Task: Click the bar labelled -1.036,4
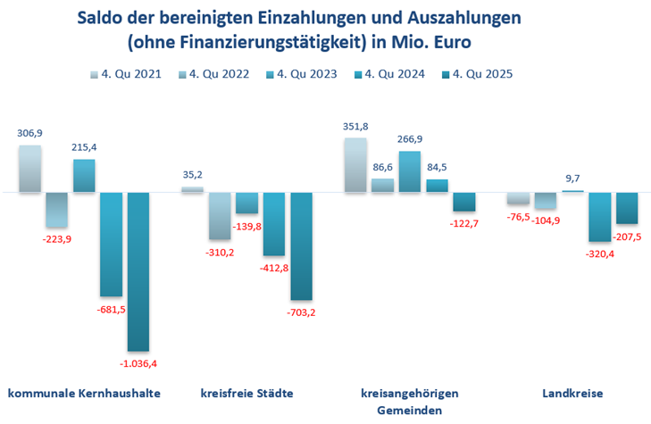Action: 138,271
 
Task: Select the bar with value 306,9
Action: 30,169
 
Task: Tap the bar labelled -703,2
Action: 301,245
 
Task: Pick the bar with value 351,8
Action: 355,165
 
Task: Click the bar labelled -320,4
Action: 599,217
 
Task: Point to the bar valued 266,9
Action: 410,171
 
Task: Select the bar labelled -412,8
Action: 274,224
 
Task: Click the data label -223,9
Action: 58,238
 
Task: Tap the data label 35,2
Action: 193,175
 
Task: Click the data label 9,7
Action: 572,179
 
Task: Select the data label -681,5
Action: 112,309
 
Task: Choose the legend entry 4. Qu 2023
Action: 306,74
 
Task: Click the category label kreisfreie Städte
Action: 247,393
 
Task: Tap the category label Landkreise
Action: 572,393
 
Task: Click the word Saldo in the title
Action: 100,18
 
